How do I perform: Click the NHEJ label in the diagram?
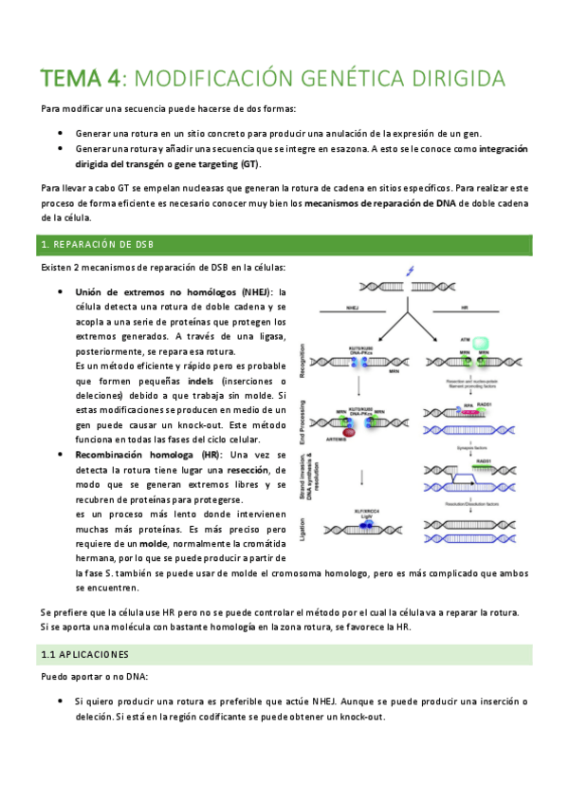pyautogui.click(x=352, y=307)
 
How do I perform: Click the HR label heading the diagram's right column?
pyautogui.click(x=464, y=307)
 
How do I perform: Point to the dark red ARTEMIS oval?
pyautogui.click(x=348, y=432)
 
